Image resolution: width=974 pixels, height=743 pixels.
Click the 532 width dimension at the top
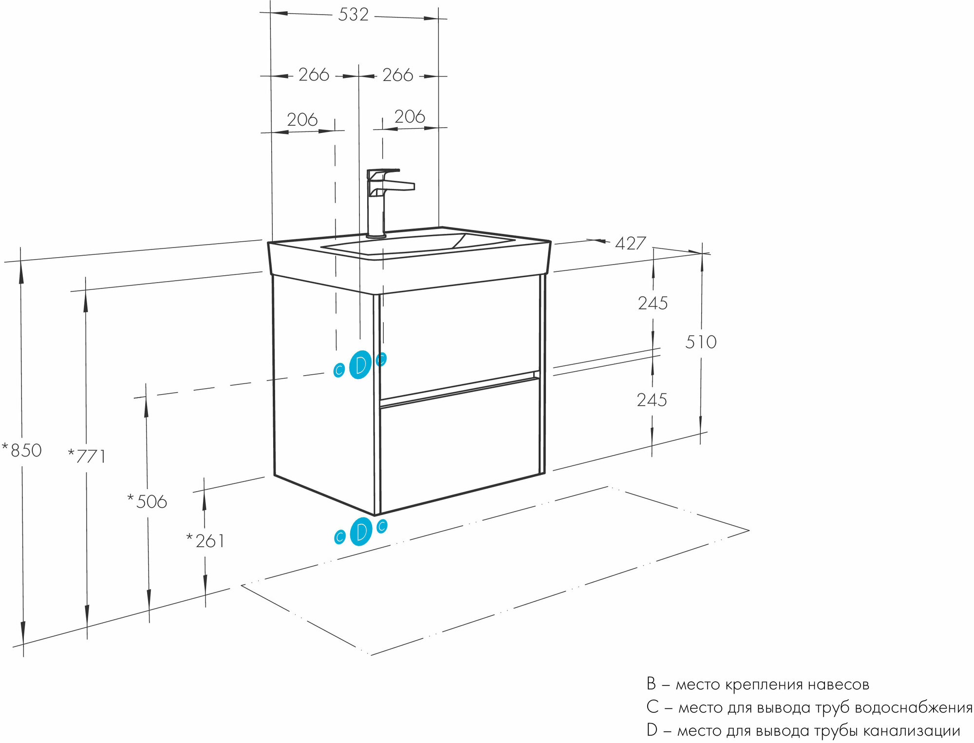[353, 15]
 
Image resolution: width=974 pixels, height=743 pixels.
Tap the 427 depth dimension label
[630, 243]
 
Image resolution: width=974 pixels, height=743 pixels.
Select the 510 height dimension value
[701, 342]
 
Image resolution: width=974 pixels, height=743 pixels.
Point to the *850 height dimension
[22, 450]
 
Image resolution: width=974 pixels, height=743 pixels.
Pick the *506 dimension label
[147, 501]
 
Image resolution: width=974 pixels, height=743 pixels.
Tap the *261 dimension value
[206, 541]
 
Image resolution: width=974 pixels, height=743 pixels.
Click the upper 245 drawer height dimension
[653, 304]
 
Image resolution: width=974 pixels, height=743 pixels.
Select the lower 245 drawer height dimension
[652, 400]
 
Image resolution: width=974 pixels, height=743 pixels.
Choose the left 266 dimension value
[314, 75]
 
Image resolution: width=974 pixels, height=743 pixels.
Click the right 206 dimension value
[410, 117]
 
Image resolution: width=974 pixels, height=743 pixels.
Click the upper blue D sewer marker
[360, 365]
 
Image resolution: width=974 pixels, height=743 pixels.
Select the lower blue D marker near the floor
[361, 532]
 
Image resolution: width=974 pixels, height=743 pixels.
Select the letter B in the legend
[651, 684]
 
